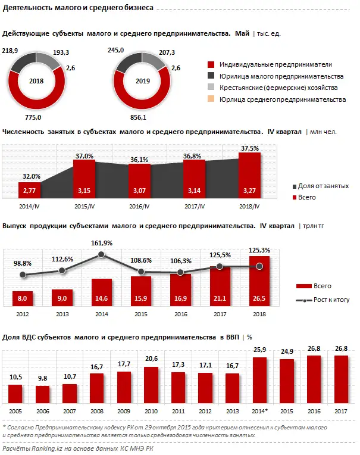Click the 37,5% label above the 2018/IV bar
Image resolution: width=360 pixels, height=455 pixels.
point(250,147)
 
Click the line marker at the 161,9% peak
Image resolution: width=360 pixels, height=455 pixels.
point(102,254)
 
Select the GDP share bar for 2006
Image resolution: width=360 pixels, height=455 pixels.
point(42,395)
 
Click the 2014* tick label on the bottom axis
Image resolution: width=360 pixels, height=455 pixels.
point(259,412)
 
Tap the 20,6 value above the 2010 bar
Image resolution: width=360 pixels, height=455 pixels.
point(151,359)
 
